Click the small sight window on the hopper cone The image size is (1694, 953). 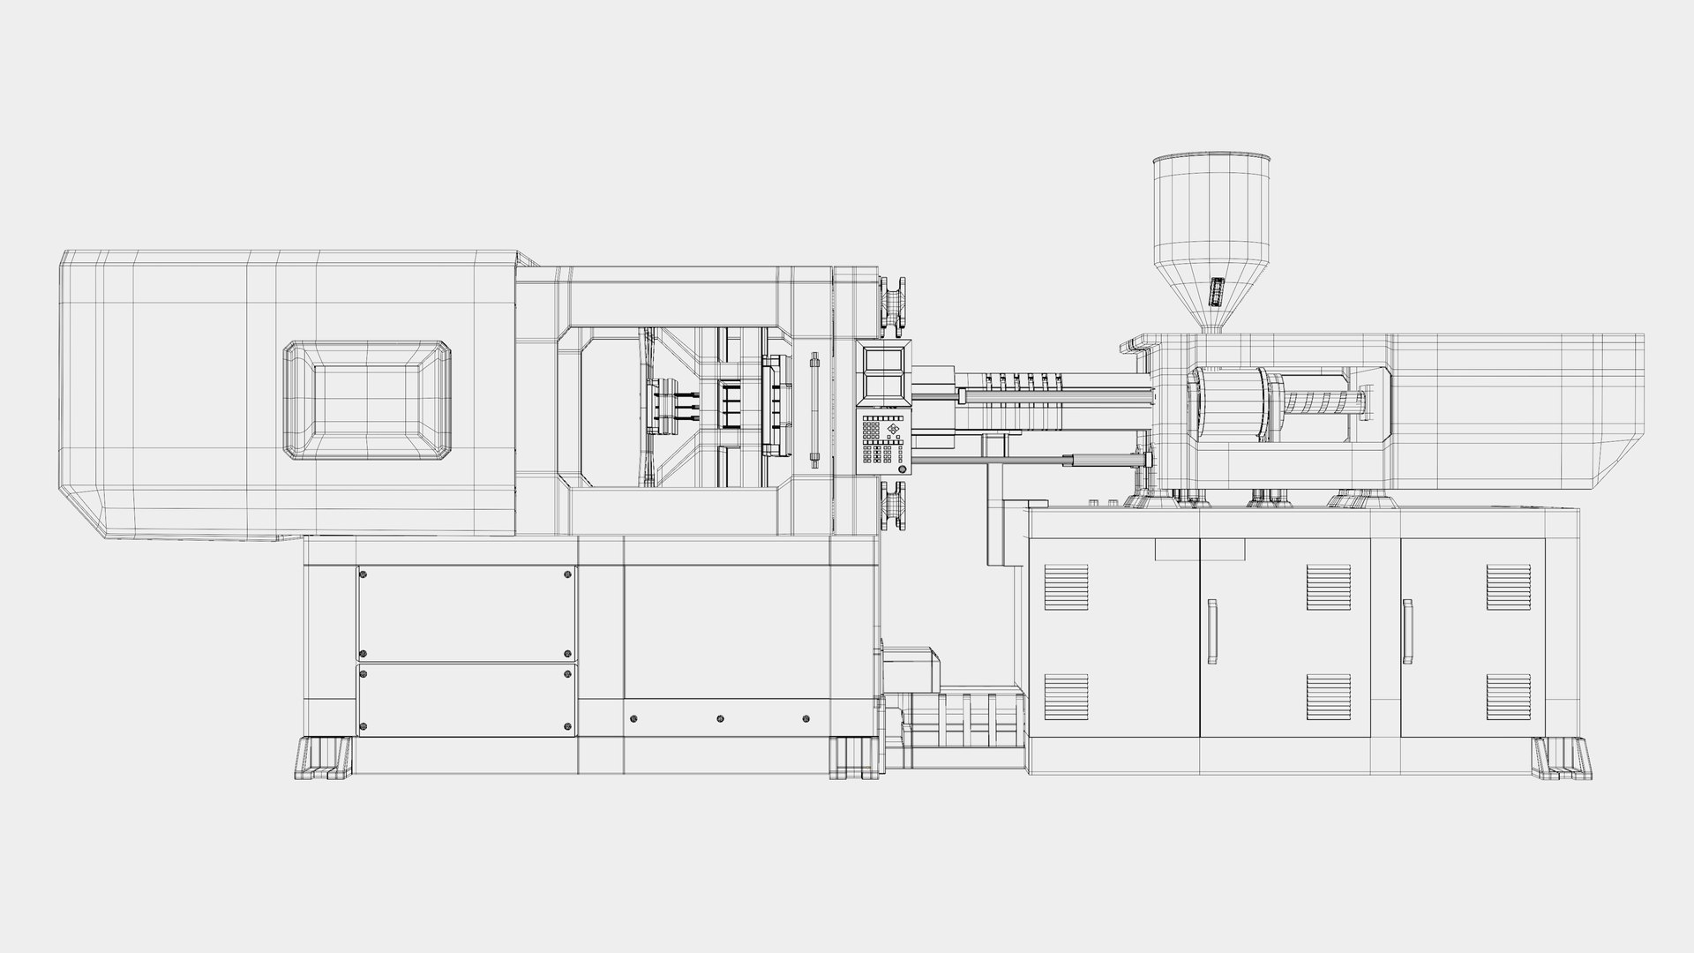[1216, 291]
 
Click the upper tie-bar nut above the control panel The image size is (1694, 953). [893, 304]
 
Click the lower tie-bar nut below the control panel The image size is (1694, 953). [893, 507]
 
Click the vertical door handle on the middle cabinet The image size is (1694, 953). [1213, 630]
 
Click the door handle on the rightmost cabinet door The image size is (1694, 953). [1406, 630]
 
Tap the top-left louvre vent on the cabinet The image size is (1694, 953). [1066, 587]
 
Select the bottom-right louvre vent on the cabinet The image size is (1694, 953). [1508, 696]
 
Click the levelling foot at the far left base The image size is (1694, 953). [324, 758]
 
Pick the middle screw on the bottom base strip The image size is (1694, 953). [720, 719]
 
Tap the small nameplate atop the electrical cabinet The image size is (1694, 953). [1199, 550]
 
